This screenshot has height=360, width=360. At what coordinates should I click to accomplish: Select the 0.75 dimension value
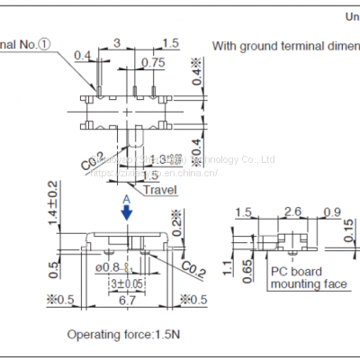tap(153, 62)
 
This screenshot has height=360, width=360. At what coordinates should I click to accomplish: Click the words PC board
tap(298, 272)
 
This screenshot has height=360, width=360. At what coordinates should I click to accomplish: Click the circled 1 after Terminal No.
tap(46, 42)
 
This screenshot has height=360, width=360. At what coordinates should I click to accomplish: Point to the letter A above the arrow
tap(127, 197)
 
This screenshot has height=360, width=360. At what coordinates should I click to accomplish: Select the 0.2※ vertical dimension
tap(177, 220)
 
